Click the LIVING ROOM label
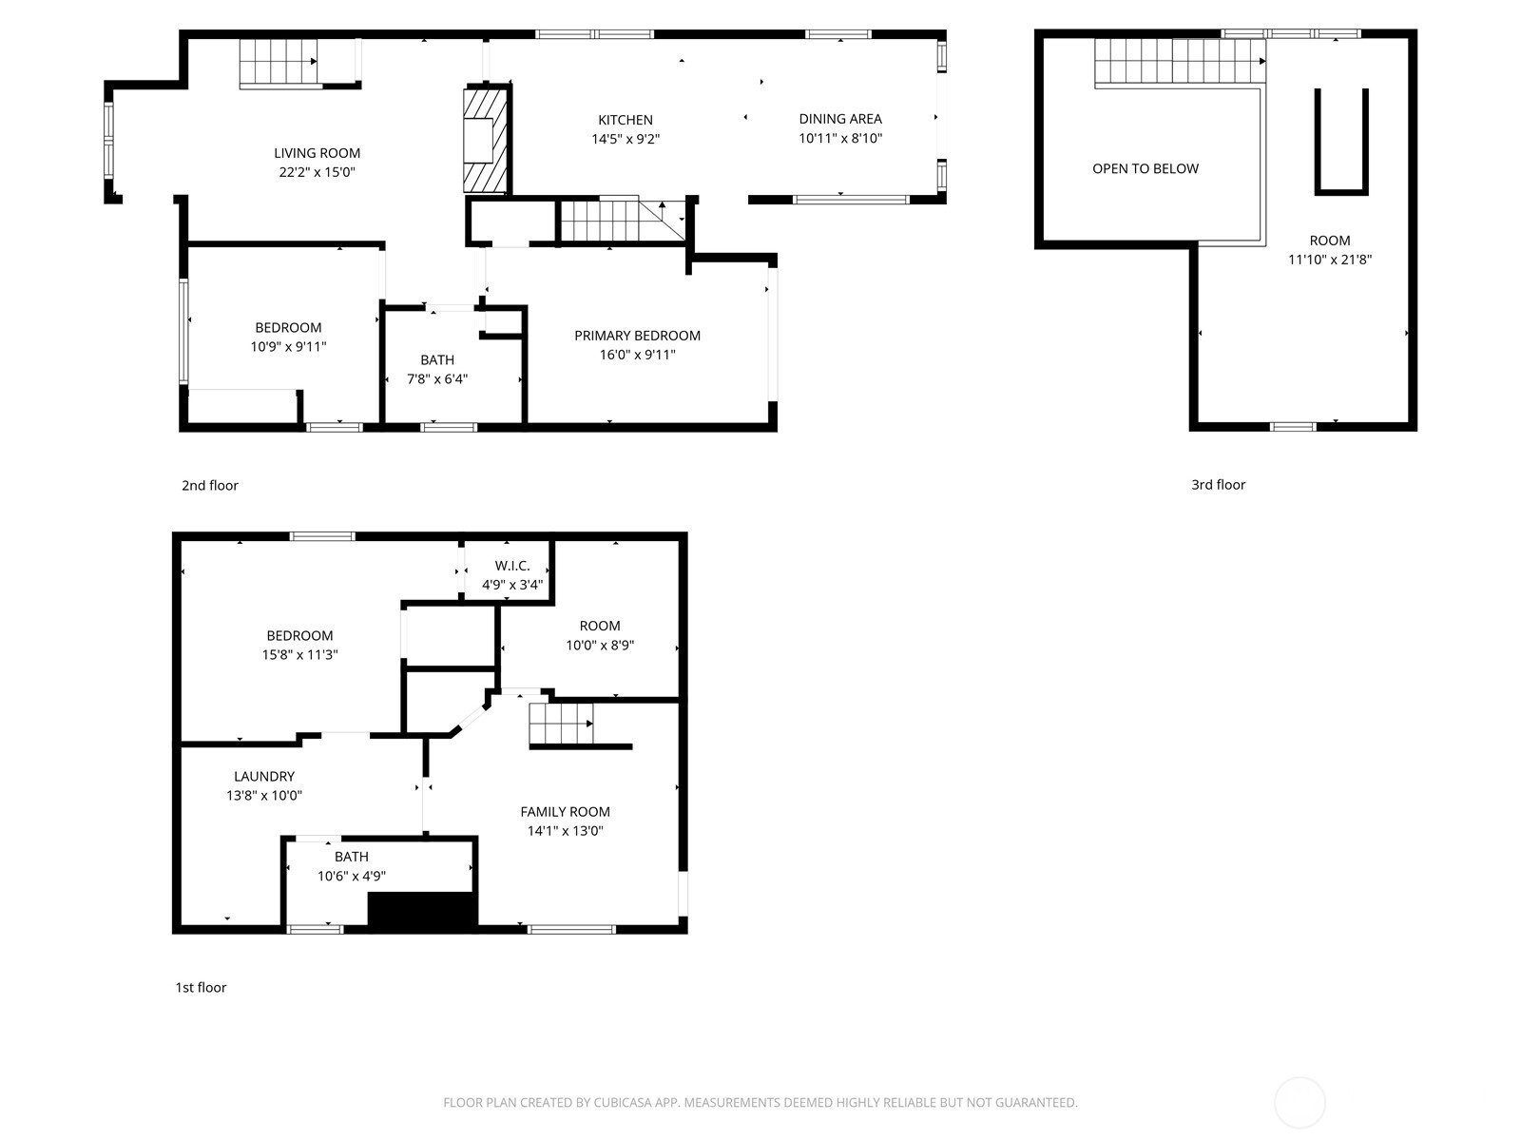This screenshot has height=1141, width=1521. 317,153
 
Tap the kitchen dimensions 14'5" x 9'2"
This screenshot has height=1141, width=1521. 625,139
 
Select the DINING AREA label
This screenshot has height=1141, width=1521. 839,119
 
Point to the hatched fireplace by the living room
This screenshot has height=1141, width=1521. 485,139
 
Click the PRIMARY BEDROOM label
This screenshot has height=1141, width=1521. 637,336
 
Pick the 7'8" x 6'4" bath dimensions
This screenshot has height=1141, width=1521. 437,379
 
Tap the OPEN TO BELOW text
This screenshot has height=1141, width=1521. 1145,168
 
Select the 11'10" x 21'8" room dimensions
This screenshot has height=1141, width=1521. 1330,260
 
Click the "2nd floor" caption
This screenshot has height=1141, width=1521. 210,486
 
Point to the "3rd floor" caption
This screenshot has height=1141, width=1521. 1218,485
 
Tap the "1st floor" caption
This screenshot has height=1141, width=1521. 201,988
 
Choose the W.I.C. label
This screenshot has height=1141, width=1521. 512,566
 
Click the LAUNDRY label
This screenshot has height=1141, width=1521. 264,777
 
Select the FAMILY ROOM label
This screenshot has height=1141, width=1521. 565,812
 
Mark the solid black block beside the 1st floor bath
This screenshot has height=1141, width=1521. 422,910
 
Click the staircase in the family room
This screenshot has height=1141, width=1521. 562,725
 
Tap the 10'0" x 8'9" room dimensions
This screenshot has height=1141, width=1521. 600,646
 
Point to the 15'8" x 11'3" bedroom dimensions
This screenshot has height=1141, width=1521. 299,655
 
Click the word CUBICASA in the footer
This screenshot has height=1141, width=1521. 620,1102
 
